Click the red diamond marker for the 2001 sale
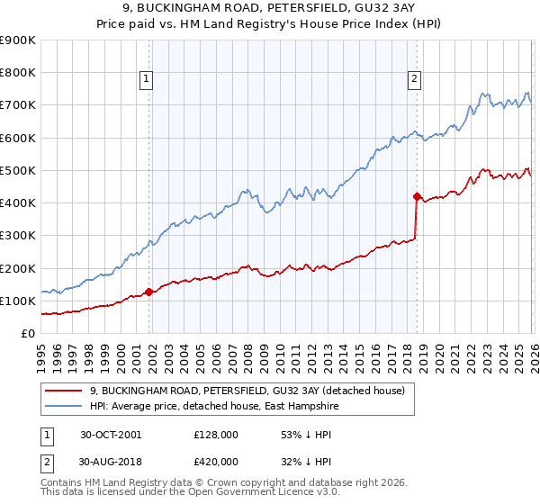point(149,292)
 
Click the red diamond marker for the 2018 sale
point(417,196)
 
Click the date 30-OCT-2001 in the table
point(111,435)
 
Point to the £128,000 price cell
point(216,435)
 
